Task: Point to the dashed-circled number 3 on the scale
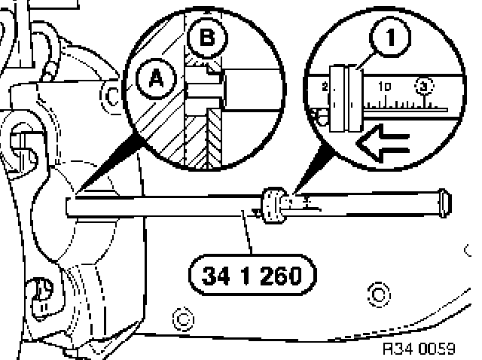425,88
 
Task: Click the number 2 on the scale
325,87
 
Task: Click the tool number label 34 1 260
252,275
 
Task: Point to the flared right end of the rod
445,201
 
